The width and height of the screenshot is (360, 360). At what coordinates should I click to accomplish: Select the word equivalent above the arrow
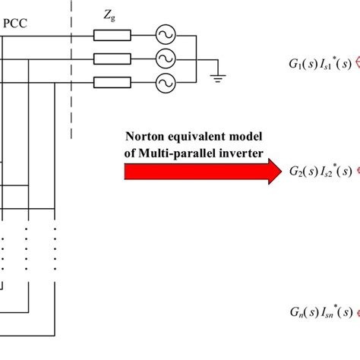click(x=197, y=137)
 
